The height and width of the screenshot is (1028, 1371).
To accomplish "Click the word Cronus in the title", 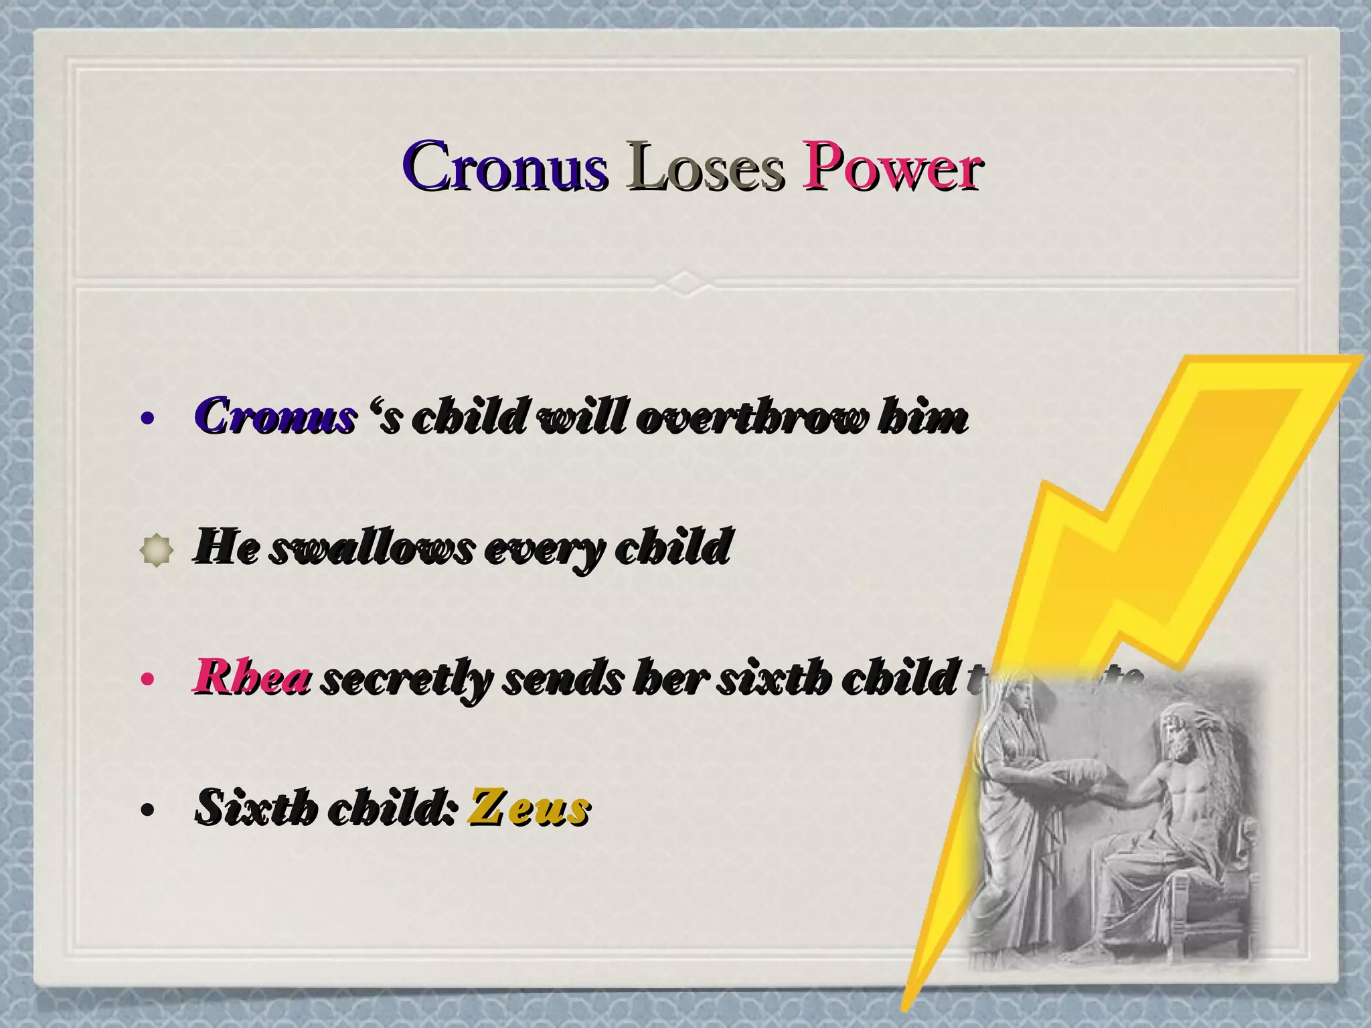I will click(505, 167).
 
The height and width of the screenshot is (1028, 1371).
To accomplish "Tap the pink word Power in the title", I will click(893, 167).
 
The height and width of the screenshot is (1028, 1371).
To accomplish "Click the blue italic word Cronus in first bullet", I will click(274, 417).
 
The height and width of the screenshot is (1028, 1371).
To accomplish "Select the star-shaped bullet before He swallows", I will click(157, 551).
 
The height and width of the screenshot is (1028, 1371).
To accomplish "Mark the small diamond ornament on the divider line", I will click(685, 282).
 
